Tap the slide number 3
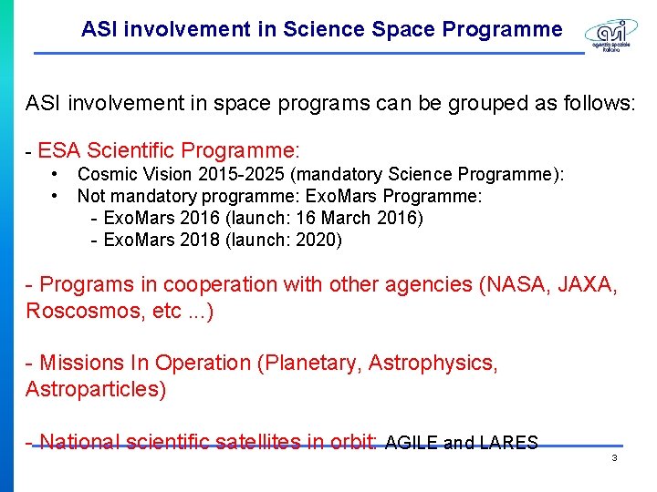coord(614,457)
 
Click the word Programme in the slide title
coord(502,29)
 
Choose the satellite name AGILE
coord(412,444)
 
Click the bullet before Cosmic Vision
coord(57,173)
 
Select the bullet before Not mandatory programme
coord(57,195)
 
